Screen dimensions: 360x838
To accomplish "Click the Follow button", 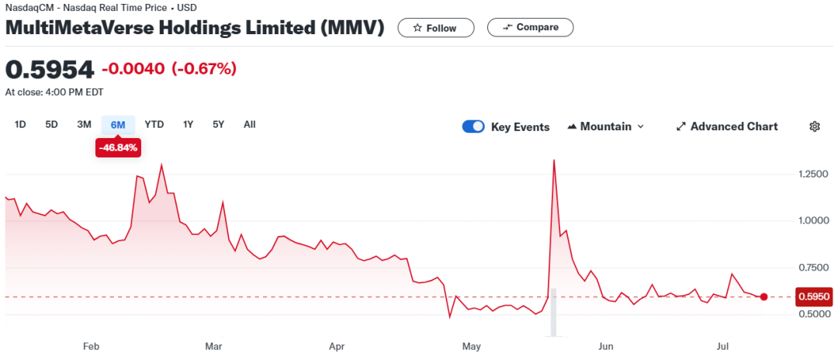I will (x=435, y=28).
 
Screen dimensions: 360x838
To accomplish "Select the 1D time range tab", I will (x=21, y=124).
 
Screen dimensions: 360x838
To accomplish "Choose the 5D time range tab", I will (x=51, y=124).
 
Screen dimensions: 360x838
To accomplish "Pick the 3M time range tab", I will (x=85, y=124).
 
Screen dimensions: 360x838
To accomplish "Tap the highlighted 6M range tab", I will (x=118, y=124).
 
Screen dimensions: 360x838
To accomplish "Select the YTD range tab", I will (x=154, y=124).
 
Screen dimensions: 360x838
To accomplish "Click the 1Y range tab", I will (x=188, y=124).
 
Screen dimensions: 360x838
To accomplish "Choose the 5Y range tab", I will (x=219, y=124).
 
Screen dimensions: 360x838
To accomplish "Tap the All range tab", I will (x=249, y=124).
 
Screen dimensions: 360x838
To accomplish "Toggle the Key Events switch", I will (x=473, y=126).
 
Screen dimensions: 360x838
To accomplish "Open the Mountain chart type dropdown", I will (x=606, y=126).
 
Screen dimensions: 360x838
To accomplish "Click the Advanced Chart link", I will (x=727, y=126).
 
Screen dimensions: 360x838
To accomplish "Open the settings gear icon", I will (x=815, y=126).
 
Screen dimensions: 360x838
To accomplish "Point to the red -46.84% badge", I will (x=118, y=147).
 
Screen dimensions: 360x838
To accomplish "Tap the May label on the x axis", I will (x=471, y=346).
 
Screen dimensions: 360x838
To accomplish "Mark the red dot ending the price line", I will (x=764, y=297).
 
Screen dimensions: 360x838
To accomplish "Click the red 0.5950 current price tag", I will (x=814, y=296).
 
